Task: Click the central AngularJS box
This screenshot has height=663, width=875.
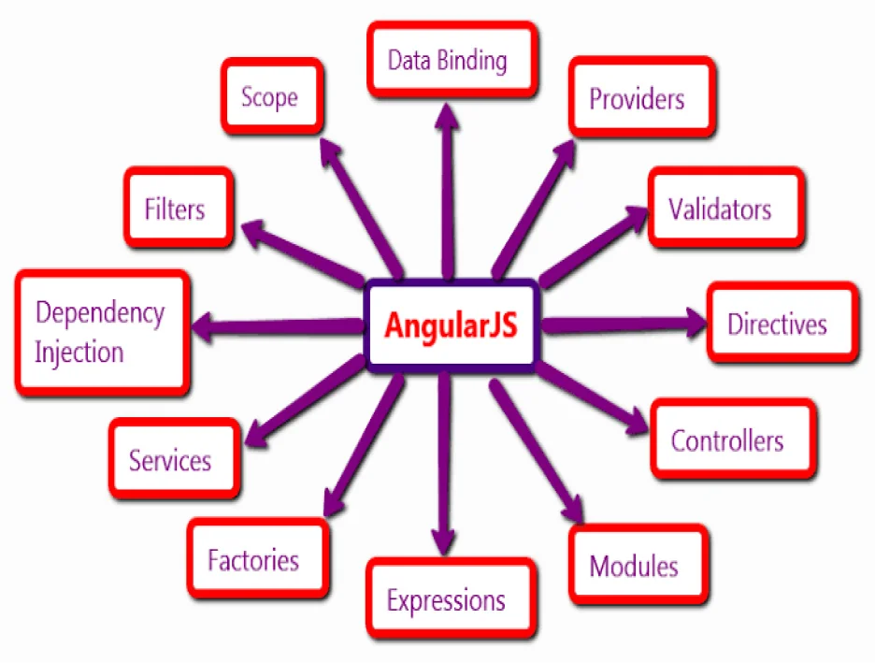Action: (451, 326)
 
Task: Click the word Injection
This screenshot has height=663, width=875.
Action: (79, 353)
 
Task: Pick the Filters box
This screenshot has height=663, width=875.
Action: (176, 208)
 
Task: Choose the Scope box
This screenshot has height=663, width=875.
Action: (270, 96)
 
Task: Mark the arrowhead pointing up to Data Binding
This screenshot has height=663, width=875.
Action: (448, 117)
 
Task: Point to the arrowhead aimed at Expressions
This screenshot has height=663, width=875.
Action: (443, 540)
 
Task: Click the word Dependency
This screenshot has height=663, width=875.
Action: (100, 312)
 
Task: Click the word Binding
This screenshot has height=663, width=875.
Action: (473, 62)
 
